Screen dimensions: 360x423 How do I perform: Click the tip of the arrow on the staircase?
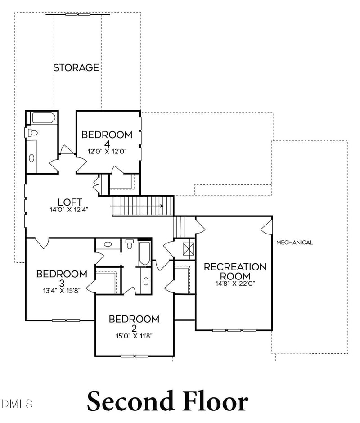[x=163, y=206]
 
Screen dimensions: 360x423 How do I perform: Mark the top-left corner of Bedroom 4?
[x=76, y=111]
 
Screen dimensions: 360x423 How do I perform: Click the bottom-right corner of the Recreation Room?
[x=272, y=330]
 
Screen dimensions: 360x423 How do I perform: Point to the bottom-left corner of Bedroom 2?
[x=95, y=356]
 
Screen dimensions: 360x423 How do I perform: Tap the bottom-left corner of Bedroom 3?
[x=26, y=320]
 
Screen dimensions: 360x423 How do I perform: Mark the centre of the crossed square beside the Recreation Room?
[x=189, y=249]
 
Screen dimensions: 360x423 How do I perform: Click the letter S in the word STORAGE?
[x=56, y=67]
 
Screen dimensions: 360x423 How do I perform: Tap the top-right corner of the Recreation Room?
[x=272, y=216]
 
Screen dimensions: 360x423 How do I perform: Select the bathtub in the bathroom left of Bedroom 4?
[x=44, y=118]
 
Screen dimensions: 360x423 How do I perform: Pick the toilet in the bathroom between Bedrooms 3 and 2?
[x=130, y=244]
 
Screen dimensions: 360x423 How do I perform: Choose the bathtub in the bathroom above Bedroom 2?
[x=144, y=253]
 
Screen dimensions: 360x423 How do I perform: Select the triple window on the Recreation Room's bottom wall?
[x=234, y=330]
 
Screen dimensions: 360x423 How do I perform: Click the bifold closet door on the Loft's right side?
[x=96, y=184]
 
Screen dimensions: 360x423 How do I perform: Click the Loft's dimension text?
[x=69, y=210]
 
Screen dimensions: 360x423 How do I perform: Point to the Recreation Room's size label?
[x=235, y=283]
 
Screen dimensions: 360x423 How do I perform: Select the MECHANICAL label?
[x=295, y=243]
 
